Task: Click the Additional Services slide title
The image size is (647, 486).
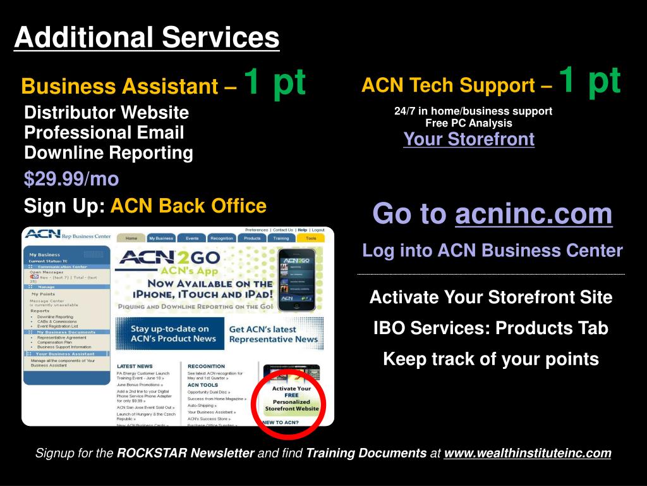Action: pos(147,37)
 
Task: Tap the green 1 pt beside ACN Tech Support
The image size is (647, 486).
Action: pos(590,80)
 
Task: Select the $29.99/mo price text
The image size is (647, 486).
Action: pos(71,179)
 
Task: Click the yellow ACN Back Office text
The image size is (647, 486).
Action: pos(188,206)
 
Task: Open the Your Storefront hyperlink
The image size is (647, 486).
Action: pos(469,139)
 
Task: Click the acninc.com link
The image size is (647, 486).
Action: pos(533,214)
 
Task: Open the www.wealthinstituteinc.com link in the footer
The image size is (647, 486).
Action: pos(528,453)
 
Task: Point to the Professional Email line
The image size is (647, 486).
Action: pos(104,133)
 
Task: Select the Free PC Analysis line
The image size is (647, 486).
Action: pos(469,123)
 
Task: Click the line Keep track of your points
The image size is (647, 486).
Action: pos(491,359)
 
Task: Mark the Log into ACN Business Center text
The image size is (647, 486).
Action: pos(492,251)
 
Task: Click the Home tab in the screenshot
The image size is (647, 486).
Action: pos(131,239)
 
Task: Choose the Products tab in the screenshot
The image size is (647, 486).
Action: pos(252,239)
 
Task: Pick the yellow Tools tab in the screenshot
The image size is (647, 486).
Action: pos(311,239)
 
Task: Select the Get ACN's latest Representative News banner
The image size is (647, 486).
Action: pos(273,334)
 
